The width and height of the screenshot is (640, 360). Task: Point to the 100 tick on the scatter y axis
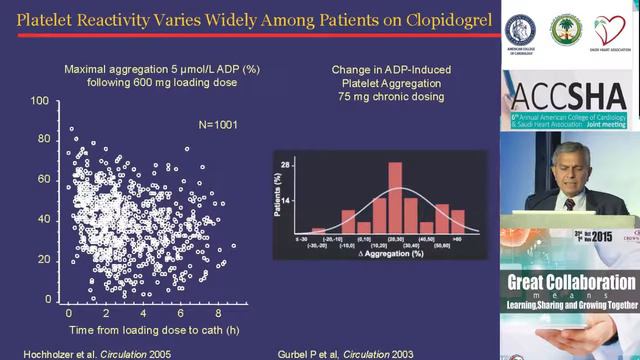coord(40,101)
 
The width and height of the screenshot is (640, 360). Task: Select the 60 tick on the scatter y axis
coord(43,180)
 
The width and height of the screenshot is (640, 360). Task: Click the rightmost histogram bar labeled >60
coord(457,221)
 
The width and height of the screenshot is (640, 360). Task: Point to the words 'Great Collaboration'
coord(571,282)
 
